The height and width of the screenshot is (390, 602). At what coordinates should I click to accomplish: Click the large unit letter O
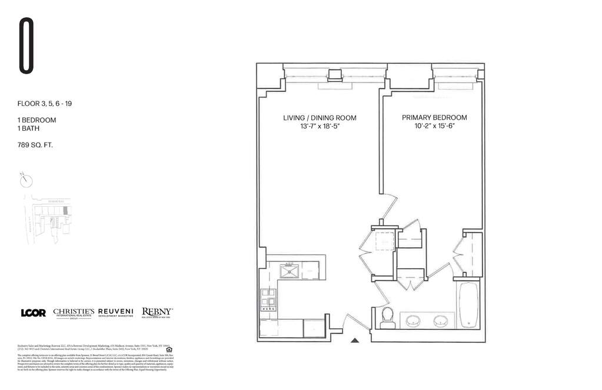(26, 46)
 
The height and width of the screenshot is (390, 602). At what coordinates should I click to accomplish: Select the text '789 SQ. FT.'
(35, 144)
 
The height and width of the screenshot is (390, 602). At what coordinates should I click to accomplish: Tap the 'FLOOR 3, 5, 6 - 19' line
(45, 104)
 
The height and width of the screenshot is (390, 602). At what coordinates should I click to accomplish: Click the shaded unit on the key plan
(65, 210)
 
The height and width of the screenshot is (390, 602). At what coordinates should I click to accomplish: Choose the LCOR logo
(33, 313)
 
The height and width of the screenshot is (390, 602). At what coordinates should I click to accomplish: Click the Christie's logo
(74, 313)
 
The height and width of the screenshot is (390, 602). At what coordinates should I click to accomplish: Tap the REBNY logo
(157, 313)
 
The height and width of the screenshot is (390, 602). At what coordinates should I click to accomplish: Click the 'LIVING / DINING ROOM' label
(320, 118)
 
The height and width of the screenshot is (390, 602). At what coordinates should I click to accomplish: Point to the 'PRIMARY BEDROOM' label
(434, 117)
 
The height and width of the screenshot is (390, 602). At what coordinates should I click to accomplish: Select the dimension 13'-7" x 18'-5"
(320, 126)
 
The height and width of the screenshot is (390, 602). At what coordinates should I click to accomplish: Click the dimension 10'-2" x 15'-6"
(434, 126)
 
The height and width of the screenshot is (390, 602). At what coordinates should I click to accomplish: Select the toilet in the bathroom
(388, 317)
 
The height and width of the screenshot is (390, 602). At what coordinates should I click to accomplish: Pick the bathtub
(469, 305)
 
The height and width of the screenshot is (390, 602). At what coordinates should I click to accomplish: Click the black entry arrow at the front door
(354, 339)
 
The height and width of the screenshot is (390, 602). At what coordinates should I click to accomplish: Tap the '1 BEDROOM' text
(37, 120)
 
